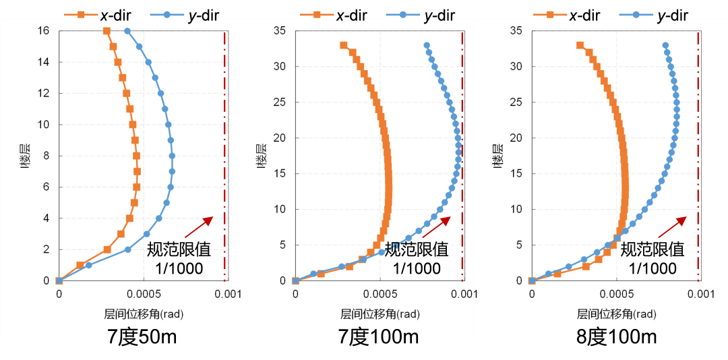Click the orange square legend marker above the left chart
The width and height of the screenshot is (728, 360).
(81, 14)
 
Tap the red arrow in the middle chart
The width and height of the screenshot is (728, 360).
(435, 227)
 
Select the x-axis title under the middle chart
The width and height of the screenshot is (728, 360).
(381, 314)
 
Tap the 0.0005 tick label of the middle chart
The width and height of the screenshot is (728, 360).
(381, 294)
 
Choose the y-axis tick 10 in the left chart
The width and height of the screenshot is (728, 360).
(44, 125)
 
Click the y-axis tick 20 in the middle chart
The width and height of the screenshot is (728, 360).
(280, 138)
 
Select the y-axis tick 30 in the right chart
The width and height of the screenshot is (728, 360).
(517, 67)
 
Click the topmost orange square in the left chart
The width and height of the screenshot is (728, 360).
(107, 31)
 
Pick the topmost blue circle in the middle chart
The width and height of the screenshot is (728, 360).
(427, 45)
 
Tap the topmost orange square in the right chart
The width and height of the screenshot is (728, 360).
(580, 45)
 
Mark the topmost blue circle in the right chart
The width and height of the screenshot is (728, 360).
(665, 45)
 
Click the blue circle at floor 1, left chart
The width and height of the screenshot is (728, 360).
(89, 265)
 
